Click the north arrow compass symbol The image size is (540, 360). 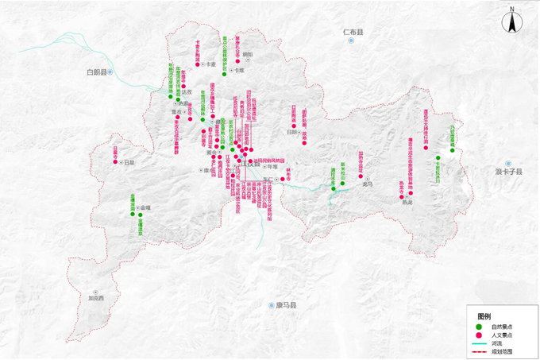[513, 23]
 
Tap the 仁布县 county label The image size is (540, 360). [353, 33]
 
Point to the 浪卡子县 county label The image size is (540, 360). [510, 172]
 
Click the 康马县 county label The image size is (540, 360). [285, 305]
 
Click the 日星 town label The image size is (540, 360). [129, 162]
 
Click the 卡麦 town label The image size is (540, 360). [212, 64]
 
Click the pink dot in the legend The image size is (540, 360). [478, 335]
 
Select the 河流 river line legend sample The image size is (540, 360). [478, 343]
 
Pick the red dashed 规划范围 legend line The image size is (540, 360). [478, 350]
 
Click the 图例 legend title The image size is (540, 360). [484, 316]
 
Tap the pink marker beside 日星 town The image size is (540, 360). [115, 162]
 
